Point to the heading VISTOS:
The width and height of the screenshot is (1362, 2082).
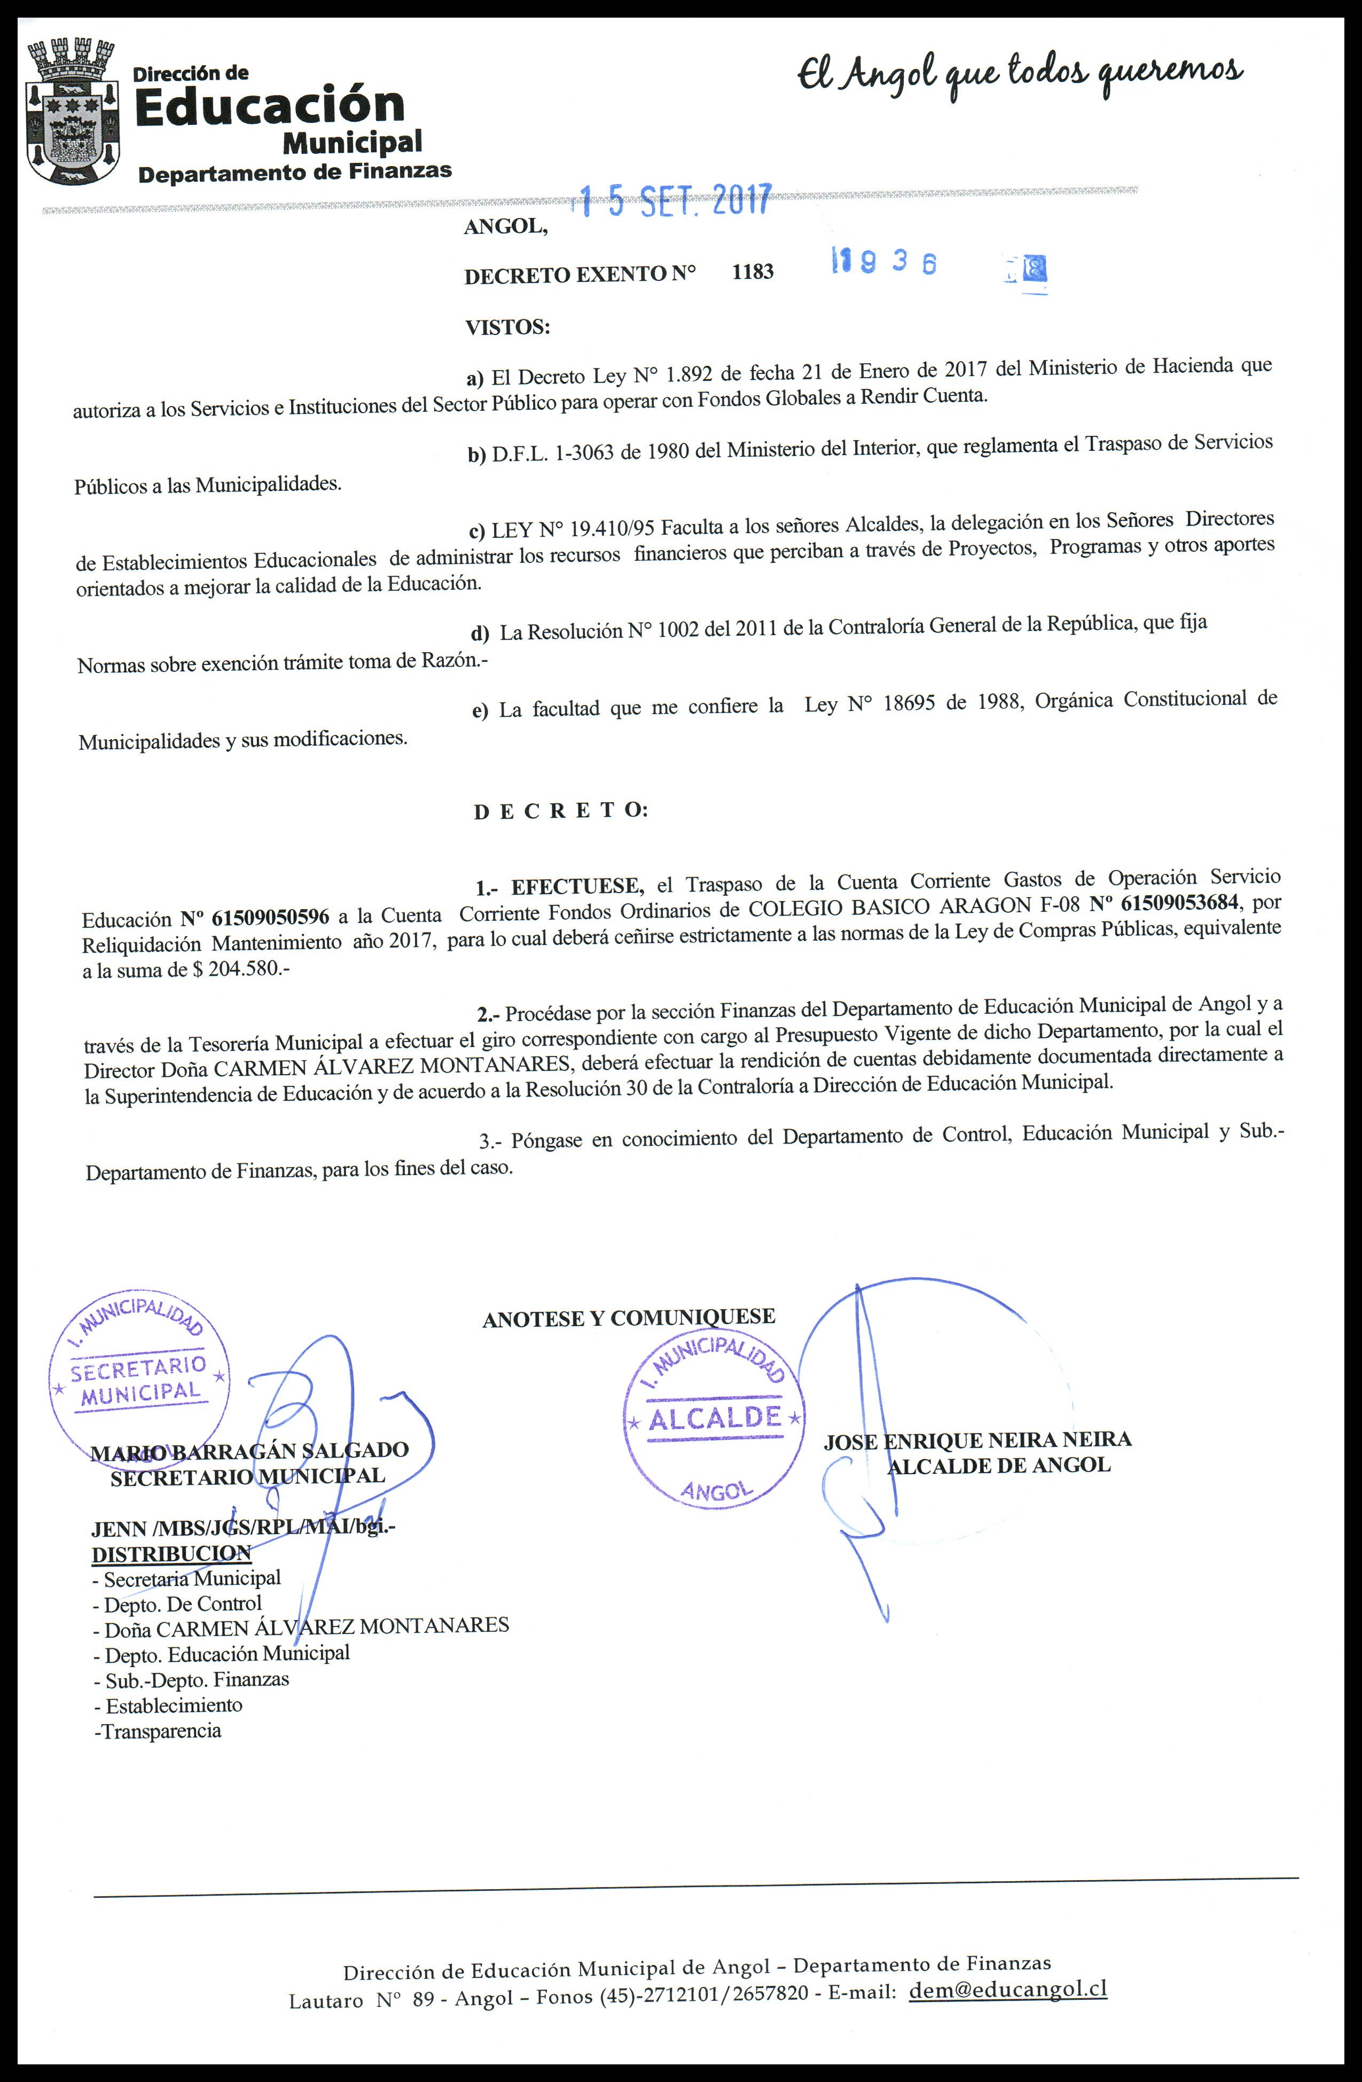[x=507, y=328]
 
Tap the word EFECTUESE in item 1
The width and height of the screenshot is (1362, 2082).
[x=577, y=887]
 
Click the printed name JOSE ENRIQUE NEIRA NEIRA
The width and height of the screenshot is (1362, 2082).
[x=977, y=1441]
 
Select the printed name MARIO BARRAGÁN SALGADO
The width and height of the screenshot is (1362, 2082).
[x=249, y=1450]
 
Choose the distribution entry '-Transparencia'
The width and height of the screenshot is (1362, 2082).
[x=158, y=1731]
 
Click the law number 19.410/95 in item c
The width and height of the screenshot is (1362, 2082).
[x=612, y=528]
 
